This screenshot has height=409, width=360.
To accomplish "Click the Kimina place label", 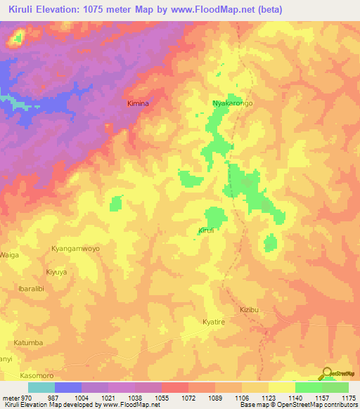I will point(138,103).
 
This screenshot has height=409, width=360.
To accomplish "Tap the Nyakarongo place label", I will point(233,103).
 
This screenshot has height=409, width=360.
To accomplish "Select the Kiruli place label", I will point(206,231).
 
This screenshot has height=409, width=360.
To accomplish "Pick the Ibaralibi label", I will point(31,289).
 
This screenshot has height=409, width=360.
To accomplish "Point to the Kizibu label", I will point(250,309).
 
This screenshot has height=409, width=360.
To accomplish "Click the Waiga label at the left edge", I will point(9,254).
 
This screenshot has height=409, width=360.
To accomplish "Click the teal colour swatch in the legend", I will point(41,387).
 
